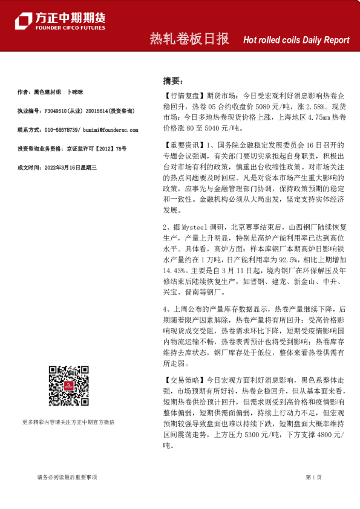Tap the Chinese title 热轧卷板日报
[x=189, y=39]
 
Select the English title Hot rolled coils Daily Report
[x=296, y=41]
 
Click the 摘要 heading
[x=172, y=80]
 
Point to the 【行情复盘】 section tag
[x=184, y=96]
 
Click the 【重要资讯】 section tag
[x=184, y=146]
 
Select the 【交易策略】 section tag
[x=184, y=380]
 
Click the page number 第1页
[x=313, y=478]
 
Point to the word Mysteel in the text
[x=195, y=227]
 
